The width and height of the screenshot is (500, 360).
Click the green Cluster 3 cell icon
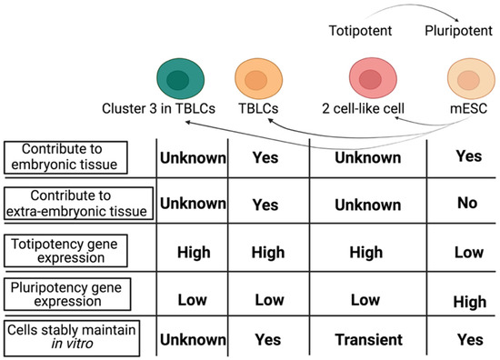click(x=178, y=77)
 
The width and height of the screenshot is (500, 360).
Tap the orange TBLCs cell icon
click(x=255, y=78)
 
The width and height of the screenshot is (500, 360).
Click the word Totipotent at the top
click(x=359, y=32)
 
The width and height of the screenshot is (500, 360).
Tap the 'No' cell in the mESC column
click(x=468, y=203)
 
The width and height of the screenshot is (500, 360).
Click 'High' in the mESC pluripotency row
click(x=468, y=298)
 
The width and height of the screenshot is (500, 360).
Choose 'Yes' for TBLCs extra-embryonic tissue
click(x=265, y=204)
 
